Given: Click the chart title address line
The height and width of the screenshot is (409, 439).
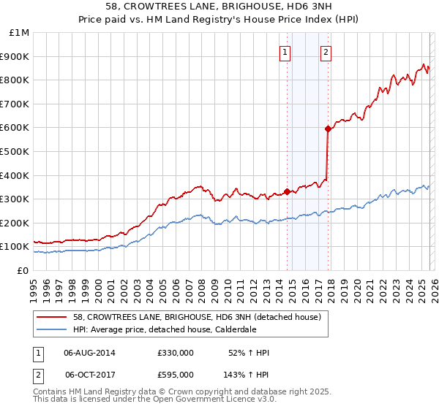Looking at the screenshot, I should coord(219,6).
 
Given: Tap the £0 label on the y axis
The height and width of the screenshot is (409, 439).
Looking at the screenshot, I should coord(23,270).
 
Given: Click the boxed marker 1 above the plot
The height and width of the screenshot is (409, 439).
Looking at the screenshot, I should coord(284,52).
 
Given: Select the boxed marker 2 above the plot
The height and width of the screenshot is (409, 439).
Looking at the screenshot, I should coord(325,52).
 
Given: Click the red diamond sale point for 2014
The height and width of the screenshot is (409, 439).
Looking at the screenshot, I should coord(287,192).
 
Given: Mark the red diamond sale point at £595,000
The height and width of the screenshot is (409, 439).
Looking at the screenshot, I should coord(328,129).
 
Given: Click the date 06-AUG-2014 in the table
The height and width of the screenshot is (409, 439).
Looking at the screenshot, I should coord(89,353).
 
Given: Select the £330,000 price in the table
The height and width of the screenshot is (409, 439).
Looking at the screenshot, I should coord(175,353).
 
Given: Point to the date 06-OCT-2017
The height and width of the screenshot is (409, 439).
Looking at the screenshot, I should coord(89,374).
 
